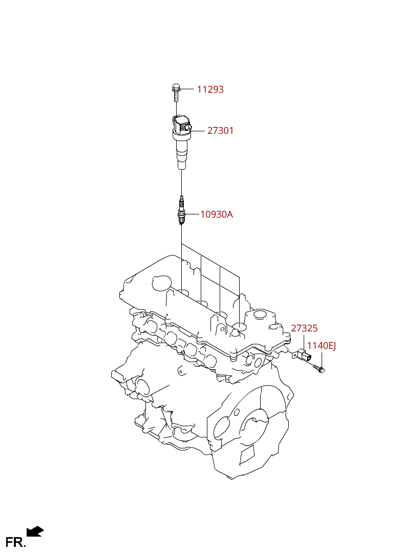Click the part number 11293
point(210,89)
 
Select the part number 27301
point(220,131)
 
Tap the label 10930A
point(217,214)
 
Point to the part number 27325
point(304,328)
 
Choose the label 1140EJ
point(322,346)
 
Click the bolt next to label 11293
point(176,92)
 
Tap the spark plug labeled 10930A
point(181,211)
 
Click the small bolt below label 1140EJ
point(319,368)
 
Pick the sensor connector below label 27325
point(302,355)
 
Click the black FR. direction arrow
point(35,531)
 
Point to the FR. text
point(15,542)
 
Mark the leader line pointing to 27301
point(198,131)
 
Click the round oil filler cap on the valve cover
point(161,283)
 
